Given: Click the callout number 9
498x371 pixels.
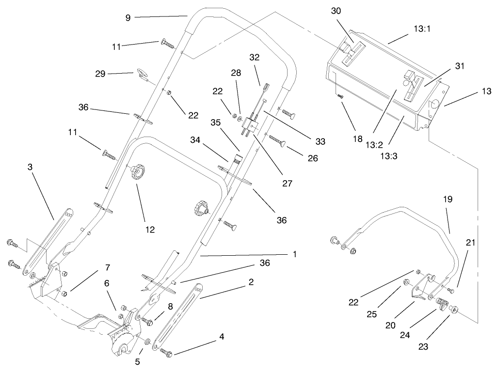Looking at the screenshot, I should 128,17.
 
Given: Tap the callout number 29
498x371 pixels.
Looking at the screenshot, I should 100,74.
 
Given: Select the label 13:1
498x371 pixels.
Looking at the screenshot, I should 422,29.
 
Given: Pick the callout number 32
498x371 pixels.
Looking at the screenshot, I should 255,57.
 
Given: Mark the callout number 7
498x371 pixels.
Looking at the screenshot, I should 108,267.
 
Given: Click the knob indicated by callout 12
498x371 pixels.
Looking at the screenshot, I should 138,173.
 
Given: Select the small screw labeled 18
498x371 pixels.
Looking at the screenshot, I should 341,96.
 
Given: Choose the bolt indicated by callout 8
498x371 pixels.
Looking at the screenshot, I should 149,321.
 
